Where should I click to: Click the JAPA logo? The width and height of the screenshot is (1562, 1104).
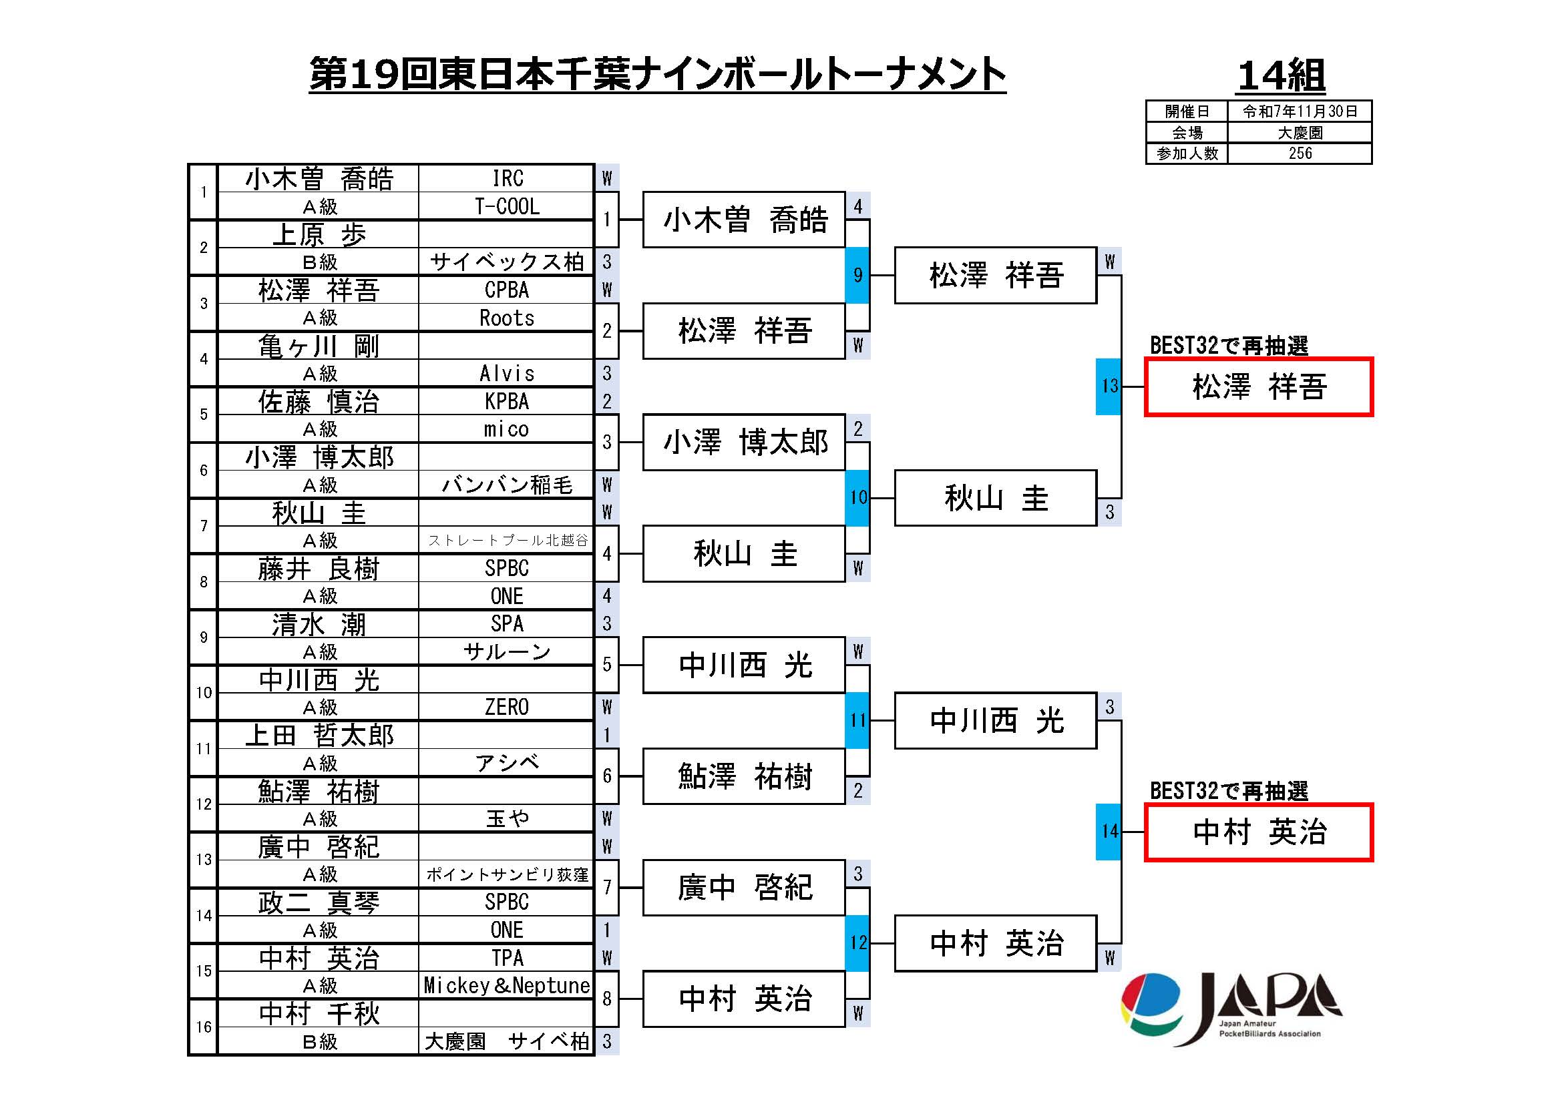[1231, 1008]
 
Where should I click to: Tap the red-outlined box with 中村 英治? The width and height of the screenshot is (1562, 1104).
[1259, 832]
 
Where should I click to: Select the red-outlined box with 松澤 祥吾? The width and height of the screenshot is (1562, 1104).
[1259, 387]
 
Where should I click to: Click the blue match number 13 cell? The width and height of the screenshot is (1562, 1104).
[1109, 386]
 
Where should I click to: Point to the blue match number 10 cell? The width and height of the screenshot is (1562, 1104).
[857, 498]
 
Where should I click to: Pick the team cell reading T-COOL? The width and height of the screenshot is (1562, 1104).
[507, 207]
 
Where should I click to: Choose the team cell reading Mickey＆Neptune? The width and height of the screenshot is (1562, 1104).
[507, 985]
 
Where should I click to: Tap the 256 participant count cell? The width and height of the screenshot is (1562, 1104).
[1300, 154]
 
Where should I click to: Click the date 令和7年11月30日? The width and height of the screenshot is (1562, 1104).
[1300, 111]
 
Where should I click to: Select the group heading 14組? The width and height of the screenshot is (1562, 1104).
[1281, 75]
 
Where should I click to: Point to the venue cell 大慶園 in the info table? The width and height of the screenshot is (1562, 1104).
[1300, 133]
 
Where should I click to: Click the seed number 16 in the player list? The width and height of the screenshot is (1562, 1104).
[204, 1027]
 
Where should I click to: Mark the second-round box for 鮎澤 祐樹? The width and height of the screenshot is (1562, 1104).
[744, 776]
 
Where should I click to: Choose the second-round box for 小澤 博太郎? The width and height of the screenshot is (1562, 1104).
[744, 443]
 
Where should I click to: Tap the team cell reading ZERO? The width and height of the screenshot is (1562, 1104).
[507, 707]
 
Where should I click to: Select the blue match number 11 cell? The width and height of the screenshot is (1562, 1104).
[857, 721]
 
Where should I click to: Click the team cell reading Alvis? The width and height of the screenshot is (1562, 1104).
[507, 373]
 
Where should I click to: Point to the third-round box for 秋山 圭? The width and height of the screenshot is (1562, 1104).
[995, 499]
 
